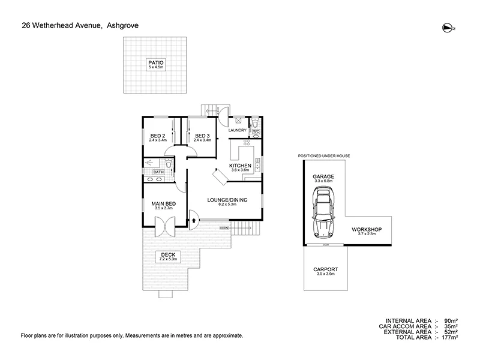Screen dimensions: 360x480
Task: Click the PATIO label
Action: point(156,62)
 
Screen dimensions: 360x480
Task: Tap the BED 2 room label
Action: point(157,136)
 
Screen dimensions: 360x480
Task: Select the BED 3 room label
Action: point(202,136)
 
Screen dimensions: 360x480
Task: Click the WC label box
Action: point(255,131)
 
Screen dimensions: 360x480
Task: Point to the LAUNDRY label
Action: point(238,130)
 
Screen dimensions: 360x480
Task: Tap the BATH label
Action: point(158,172)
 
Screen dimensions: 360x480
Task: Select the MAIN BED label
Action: point(163,205)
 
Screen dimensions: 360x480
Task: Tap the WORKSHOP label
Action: point(367,229)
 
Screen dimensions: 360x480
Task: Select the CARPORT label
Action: point(326,269)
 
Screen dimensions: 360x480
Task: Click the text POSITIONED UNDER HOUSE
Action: point(323,156)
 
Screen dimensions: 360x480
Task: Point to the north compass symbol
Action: point(446,26)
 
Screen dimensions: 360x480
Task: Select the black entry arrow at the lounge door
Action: point(193,220)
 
